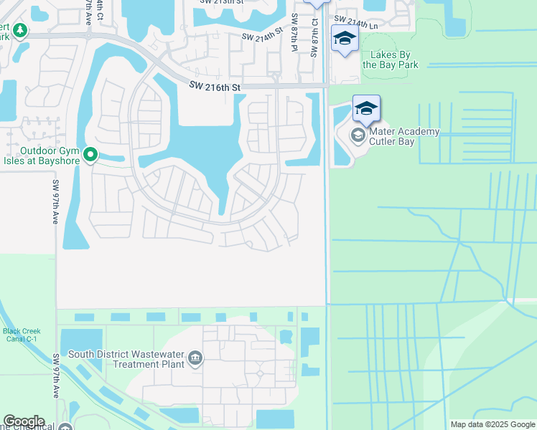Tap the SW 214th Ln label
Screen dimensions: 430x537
tap(356, 22)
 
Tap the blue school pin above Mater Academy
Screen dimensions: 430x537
tap(366, 110)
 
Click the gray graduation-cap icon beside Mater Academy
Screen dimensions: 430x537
tap(358, 135)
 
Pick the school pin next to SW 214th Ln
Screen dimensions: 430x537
tap(345, 39)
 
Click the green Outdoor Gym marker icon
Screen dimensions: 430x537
tap(90, 155)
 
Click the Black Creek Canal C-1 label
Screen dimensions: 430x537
tap(21, 335)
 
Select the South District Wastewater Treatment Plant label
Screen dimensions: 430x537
tap(126, 359)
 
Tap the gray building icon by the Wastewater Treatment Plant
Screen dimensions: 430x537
tap(195, 358)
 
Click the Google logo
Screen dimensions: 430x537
tap(24, 421)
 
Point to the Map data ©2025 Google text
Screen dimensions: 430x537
tap(492, 424)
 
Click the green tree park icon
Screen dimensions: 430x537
tap(19, 31)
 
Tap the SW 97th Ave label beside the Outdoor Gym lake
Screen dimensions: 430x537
tap(55, 202)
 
